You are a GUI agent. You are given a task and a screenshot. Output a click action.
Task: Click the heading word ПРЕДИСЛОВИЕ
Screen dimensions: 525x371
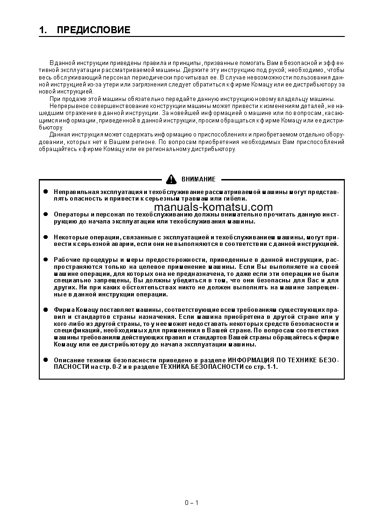[94, 30]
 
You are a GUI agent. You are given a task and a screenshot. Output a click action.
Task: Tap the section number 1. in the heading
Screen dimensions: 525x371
[44, 30]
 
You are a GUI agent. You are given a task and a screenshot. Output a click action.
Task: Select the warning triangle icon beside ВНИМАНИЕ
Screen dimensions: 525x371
[172, 179]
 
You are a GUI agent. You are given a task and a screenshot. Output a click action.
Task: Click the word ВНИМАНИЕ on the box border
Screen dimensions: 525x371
[199, 179]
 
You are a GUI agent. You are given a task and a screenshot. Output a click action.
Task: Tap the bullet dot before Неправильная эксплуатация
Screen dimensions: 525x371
[46, 192]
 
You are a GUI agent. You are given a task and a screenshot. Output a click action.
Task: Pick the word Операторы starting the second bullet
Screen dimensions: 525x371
[69, 214]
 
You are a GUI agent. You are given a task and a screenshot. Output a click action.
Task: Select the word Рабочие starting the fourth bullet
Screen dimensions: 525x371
[66, 259]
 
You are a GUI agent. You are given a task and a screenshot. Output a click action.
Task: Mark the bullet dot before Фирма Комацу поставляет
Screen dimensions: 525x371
[46, 309]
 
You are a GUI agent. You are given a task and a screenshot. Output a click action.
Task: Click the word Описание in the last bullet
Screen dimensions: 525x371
[67, 360]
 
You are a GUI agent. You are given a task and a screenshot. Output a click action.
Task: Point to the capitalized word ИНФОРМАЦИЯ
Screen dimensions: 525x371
[251, 360]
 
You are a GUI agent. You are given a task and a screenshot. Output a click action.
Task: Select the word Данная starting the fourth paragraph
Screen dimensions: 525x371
[59, 135]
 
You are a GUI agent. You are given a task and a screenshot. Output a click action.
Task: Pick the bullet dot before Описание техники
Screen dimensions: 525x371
[46, 360]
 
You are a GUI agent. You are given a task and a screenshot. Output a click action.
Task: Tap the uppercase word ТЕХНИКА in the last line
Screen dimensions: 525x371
[175, 367]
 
